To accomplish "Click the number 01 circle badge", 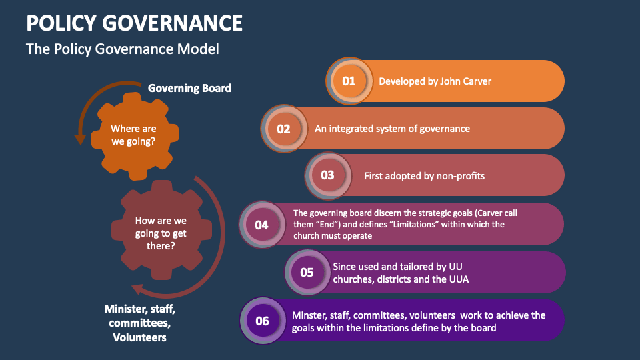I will click(349, 81).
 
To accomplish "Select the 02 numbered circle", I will click(284, 129).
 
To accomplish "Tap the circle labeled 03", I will click(327, 175).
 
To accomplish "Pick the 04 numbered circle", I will click(261, 225).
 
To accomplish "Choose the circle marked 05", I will click(307, 272).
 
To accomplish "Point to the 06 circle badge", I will click(262, 321).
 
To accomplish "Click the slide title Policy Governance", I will click(134, 23).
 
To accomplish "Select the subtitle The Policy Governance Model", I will click(122, 49).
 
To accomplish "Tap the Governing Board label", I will click(189, 88).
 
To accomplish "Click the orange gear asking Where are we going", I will click(133, 135).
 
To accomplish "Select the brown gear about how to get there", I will click(161, 233).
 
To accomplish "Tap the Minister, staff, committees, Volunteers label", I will click(140, 323).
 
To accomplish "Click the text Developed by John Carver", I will click(435, 81).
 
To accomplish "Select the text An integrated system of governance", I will click(392, 129).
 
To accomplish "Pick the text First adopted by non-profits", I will click(424, 176).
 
